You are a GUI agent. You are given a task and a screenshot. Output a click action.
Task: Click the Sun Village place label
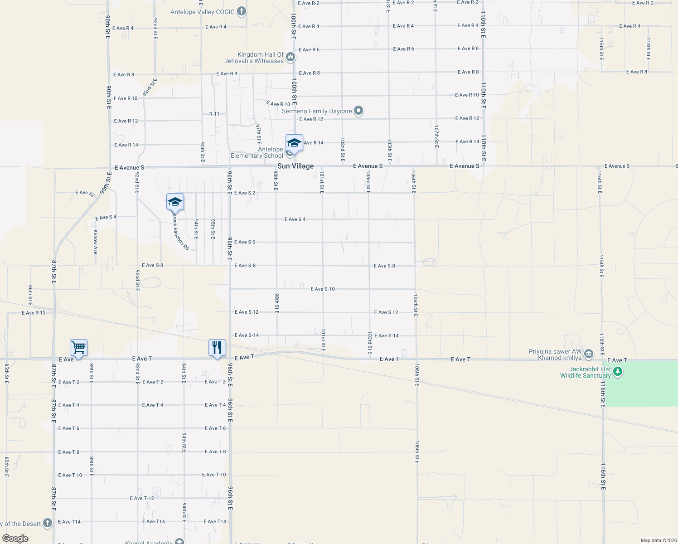tap(295, 166)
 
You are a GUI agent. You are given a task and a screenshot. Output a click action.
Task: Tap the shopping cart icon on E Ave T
tap(78, 348)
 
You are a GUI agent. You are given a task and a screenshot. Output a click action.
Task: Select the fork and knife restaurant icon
tap(217, 348)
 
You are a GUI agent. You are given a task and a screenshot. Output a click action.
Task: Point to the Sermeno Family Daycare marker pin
tap(358, 111)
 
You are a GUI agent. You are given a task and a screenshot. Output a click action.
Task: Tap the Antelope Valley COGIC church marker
tap(242, 12)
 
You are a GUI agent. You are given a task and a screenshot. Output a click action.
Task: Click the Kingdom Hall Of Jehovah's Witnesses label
tap(254, 58)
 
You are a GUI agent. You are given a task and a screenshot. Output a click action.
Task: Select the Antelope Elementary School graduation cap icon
tap(294, 143)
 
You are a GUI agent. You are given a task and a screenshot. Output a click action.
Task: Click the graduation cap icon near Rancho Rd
tap(175, 202)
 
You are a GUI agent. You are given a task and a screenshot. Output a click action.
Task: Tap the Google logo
tap(15, 539)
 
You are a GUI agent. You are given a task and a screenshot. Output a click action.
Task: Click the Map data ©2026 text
tap(658, 540)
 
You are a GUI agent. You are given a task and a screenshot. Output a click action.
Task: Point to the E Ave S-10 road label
tap(323, 289)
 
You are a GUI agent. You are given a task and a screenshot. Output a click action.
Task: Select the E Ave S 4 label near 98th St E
tap(295, 219)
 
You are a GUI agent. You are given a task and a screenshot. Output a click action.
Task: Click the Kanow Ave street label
tap(95, 242)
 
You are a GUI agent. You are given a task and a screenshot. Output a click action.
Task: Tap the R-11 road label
tap(214, 114)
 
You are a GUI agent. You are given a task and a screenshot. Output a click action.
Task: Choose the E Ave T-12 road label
tap(142, 498)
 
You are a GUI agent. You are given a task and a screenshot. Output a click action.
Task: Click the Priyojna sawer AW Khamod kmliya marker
tap(589, 354)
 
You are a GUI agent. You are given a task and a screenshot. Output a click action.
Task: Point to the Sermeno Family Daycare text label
tap(317, 111)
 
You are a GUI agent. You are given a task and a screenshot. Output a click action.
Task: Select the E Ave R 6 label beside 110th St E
tap(468, 49)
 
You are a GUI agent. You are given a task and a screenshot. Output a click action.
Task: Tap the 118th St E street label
tap(649, 49)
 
